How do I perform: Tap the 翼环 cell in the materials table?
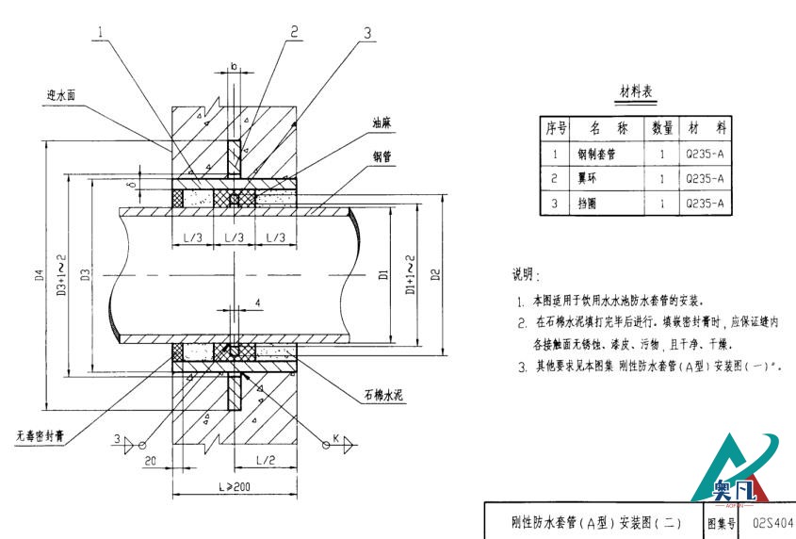coord(589,177)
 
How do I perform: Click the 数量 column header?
coord(662,127)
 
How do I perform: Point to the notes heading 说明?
coord(526,275)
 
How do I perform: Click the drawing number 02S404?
coord(773,521)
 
